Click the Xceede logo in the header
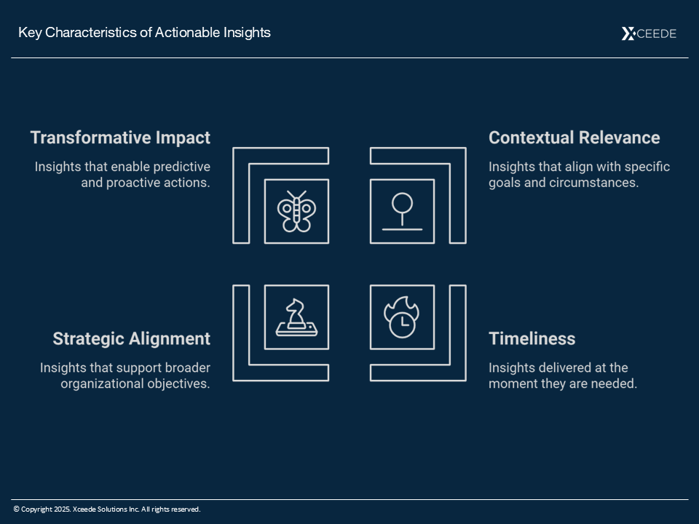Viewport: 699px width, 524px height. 649,33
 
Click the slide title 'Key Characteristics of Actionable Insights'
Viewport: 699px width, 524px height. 144,33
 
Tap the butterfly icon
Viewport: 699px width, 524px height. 296,211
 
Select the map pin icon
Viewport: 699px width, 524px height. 402,211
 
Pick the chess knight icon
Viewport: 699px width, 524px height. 296,317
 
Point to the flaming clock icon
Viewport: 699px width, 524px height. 402,317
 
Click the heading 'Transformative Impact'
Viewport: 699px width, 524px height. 120,138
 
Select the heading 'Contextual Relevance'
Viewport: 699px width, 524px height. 574,138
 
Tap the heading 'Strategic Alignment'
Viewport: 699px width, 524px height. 132,338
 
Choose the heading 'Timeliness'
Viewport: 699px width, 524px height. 532,338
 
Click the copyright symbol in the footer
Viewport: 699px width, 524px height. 17,509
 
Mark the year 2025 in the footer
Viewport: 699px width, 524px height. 63,509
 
